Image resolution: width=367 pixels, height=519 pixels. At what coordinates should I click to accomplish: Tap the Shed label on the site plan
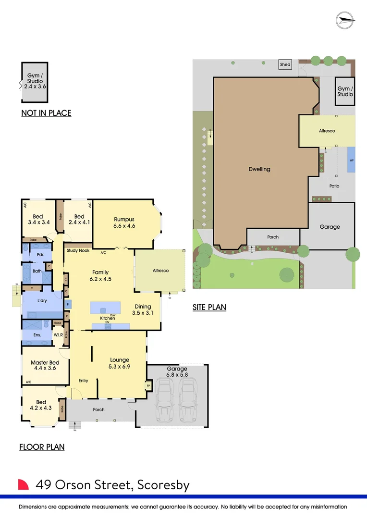coord(285,64)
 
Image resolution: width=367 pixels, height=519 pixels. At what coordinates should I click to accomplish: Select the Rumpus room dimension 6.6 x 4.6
coord(124,225)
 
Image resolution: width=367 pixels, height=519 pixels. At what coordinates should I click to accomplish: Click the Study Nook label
coord(78,250)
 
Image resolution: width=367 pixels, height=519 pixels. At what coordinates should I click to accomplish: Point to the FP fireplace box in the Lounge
coord(147,385)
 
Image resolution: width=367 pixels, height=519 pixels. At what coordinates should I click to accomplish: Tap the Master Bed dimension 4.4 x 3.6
coord(45,369)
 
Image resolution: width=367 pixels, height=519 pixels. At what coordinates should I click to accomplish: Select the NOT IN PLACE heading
coord(46,113)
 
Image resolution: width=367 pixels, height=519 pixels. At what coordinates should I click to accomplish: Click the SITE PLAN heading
coord(209,307)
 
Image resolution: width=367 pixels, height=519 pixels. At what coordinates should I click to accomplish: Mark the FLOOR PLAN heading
coord(42,447)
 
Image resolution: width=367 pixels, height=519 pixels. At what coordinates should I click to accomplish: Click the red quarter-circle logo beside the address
coord(24,484)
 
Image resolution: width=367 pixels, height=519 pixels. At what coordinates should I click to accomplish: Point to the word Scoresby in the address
coord(163,485)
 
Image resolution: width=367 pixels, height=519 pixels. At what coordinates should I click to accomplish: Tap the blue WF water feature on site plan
coord(352,161)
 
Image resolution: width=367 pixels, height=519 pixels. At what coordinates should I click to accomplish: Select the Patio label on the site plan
coord(334,186)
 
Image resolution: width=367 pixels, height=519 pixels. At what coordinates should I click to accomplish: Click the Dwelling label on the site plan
coord(259,169)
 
